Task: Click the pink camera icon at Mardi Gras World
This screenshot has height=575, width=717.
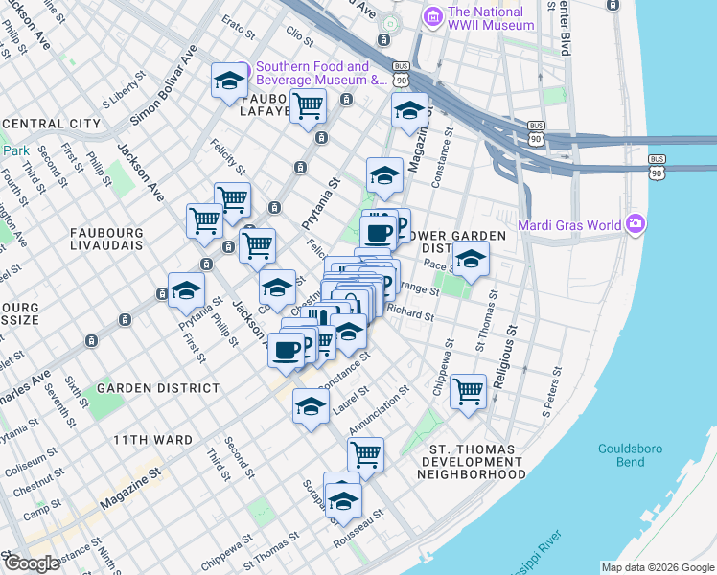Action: (635, 225)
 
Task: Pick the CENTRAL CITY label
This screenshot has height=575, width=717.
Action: (51, 124)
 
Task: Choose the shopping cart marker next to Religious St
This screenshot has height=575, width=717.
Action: (468, 391)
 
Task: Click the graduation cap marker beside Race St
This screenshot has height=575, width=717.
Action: (471, 259)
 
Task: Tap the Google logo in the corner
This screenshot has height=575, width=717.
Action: (32, 563)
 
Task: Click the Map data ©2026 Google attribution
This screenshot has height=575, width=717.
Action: (658, 567)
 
